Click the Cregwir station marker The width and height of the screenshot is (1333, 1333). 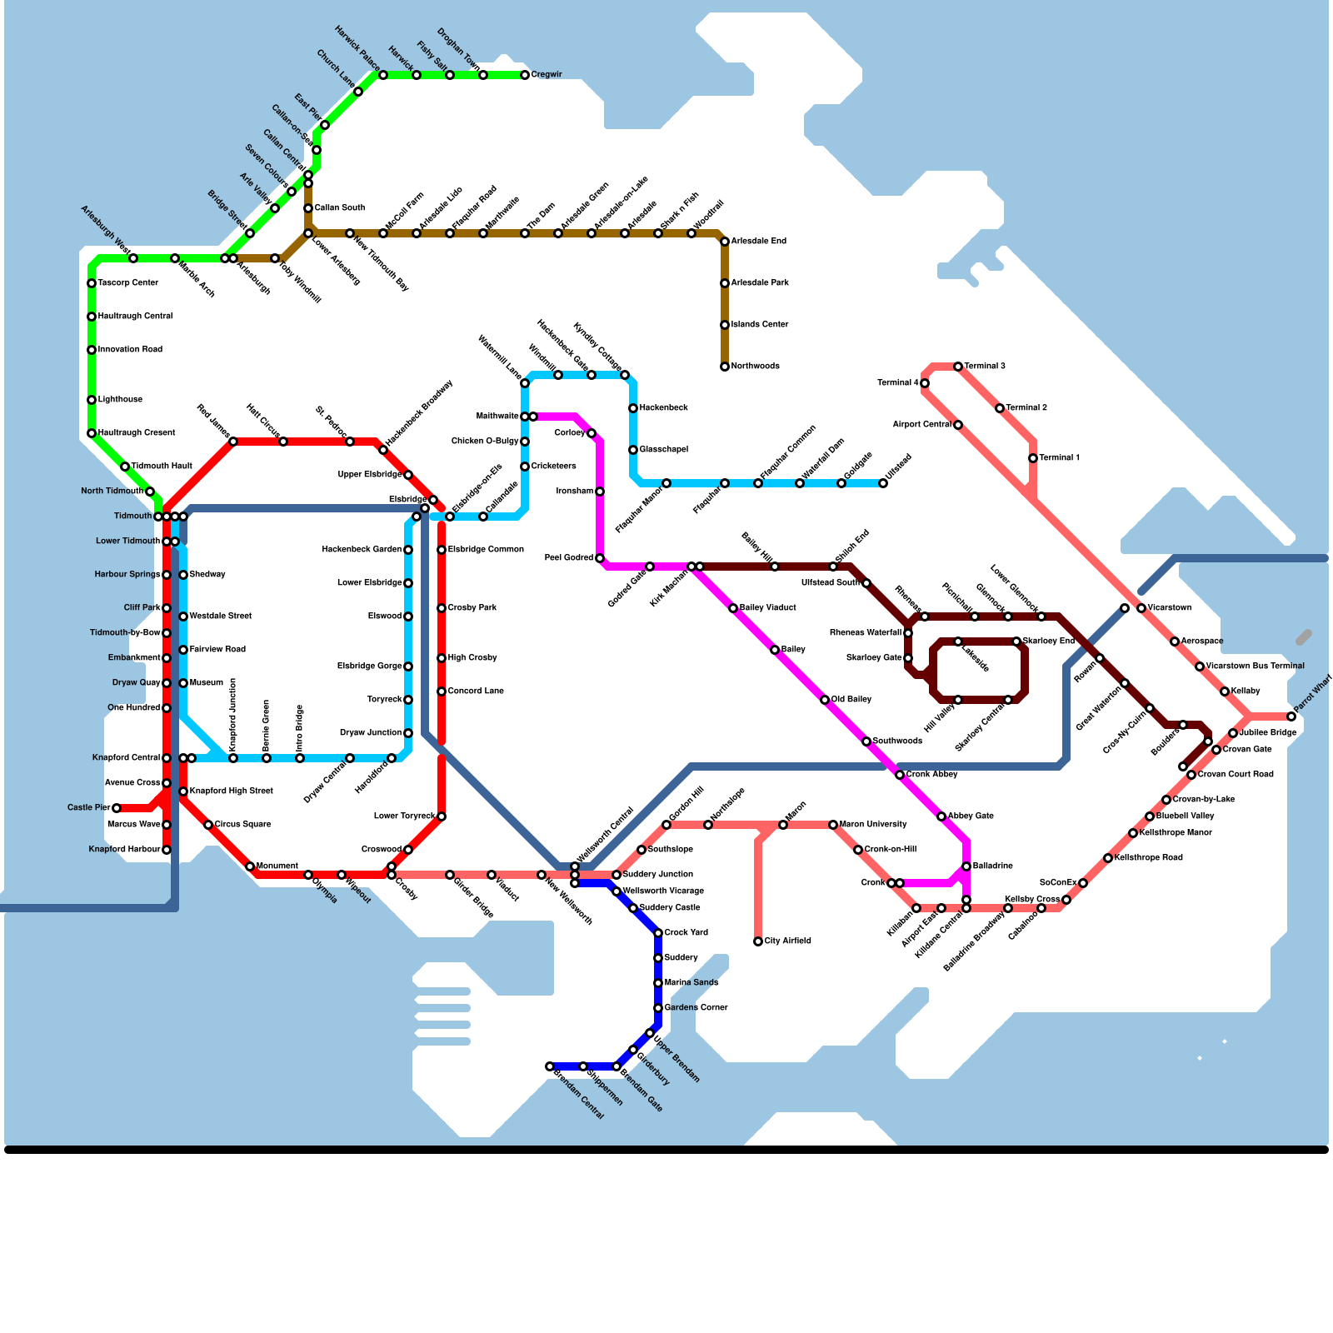tap(525, 75)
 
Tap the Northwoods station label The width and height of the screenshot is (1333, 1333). tap(755, 367)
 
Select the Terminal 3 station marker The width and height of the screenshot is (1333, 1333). tap(958, 367)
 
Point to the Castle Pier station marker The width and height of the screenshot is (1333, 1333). tap(117, 808)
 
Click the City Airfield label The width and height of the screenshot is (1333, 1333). tap(787, 941)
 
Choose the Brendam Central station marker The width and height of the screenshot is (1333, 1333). tap(550, 1066)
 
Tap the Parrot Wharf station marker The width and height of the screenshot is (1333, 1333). tap(1291, 716)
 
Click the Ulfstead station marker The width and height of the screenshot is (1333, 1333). tap(883, 483)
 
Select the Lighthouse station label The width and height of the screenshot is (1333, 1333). tap(120, 400)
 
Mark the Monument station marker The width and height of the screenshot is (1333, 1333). tap(250, 866)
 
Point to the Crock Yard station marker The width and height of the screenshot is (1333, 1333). tap(658, 933)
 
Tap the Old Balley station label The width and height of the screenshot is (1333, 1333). tap(851, 700)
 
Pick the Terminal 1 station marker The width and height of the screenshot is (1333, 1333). tap(1033, 458)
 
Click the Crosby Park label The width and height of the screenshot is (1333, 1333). tap(472, 608)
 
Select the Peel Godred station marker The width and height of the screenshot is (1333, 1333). tap(600, 558)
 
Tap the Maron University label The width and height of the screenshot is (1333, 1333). tap(873, 825)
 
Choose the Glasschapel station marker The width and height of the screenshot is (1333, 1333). tap(633, 450)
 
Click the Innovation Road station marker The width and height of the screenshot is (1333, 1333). tap(92, 350)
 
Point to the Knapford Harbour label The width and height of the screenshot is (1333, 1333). tap(124, 850)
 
